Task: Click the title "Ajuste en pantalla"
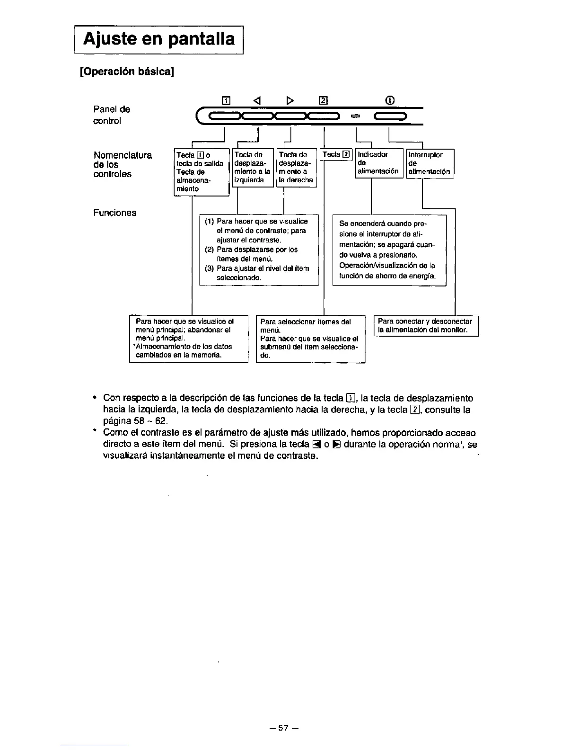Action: pos(159,39)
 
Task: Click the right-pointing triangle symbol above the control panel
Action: pos(290,100)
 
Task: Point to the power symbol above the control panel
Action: pos(390,100)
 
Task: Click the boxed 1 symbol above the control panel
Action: pos(226,100)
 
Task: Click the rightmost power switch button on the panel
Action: pos(390,116)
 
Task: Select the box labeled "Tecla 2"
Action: pos(336,154)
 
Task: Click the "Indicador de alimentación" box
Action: pos(378,163)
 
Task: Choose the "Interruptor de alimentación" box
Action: pos(430,163)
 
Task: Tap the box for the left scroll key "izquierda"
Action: pos(252,168)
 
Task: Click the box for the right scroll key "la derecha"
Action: pos(296,168)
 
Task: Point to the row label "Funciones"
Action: pos(115,213)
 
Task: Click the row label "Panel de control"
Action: pos(112,115)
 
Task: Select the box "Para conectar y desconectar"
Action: pos(425,326)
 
